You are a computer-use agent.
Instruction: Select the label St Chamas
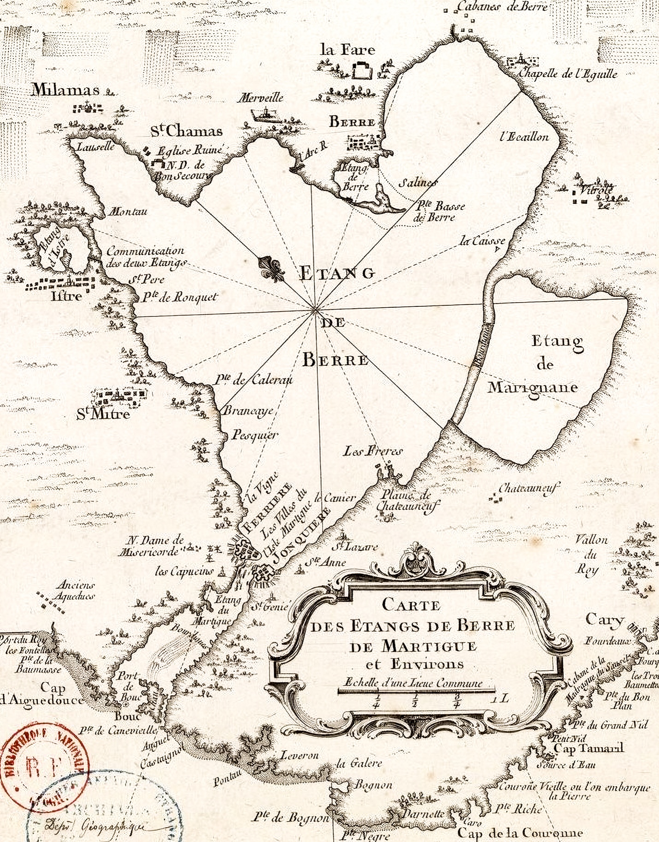pos(187,131)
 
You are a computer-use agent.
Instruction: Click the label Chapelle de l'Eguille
pos(568,73)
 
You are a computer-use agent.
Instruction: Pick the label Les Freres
pos(373,451)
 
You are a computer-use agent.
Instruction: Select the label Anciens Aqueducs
pos(75,591)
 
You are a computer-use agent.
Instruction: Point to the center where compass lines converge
pos(315,309)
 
